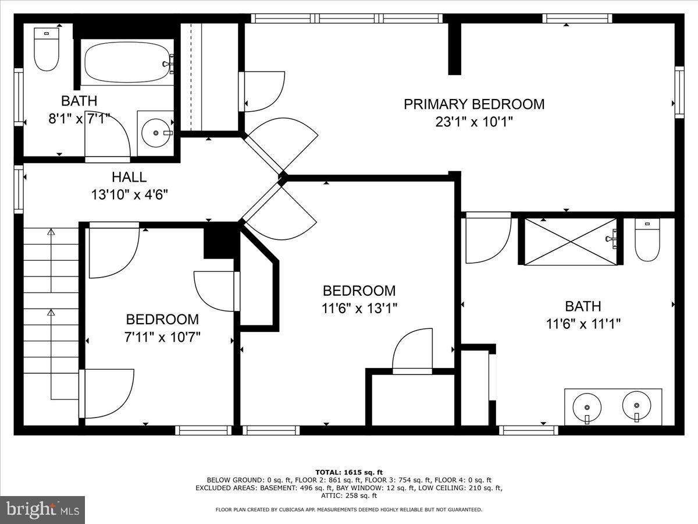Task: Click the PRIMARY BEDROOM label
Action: tap(474, 104)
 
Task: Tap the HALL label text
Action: tap(129, 177)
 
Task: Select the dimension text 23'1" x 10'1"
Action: tap(474, 122)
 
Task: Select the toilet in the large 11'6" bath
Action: tap(647, 240)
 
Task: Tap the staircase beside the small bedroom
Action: tap(51, 314)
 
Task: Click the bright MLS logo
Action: tap(43, 509)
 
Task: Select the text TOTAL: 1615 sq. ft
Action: tap(349, 472)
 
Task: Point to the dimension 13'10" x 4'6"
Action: tap(129, 194)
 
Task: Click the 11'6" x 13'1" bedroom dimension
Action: tap(359, 307)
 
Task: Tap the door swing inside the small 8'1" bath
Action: tap(108, 137)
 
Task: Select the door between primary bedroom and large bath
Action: tap(487, 238)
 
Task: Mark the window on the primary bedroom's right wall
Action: tap(679, 92)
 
